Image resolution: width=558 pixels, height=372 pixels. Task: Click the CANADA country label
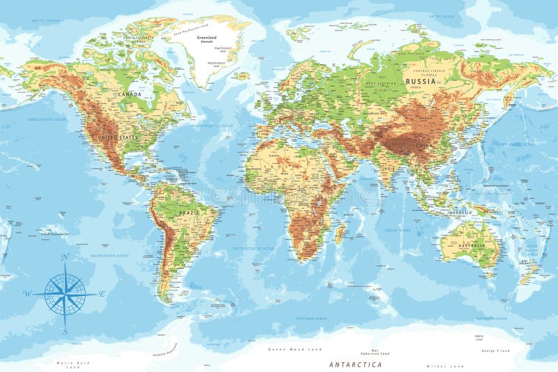click(x=129, y=94)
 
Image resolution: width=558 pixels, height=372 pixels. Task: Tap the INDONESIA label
click(x=461, y=212)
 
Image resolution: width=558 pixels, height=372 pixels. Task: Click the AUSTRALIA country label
click(x=472, y=246)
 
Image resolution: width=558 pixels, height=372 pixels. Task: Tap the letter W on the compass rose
click(x=27, y=293)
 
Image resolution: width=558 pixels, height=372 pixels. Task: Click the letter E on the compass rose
click(x=101, y=294)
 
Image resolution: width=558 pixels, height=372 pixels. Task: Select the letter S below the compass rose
click(x=65, y=332)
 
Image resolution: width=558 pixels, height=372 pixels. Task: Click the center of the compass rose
click(x=65, y=294)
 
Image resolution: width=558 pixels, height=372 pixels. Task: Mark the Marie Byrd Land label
click(x=73, y=362)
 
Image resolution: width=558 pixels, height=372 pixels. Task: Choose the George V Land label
click(x=496, y=350)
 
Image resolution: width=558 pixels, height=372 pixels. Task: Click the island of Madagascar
click(x=340, y=231)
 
